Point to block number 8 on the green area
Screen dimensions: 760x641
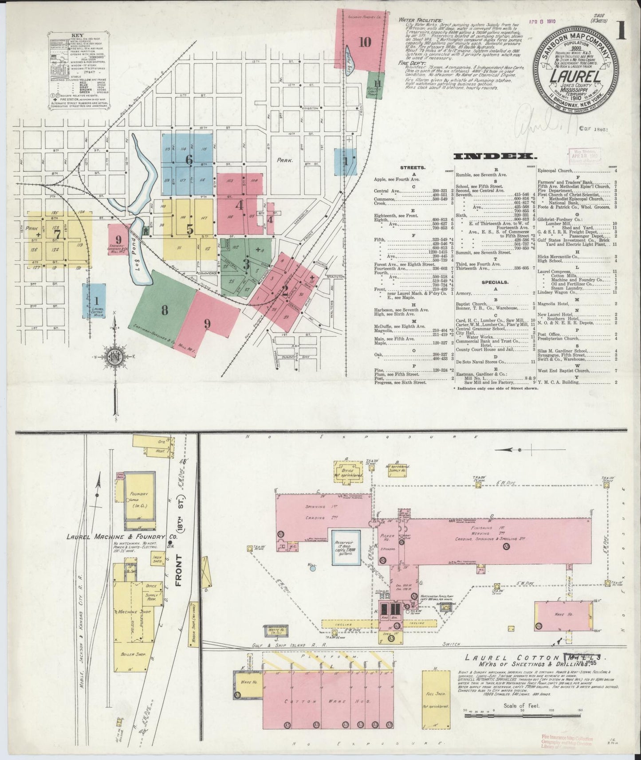165,310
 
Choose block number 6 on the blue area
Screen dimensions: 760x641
189,160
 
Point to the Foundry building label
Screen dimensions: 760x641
139,494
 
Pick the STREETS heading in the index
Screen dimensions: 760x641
413,168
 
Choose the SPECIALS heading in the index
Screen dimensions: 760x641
494,282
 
